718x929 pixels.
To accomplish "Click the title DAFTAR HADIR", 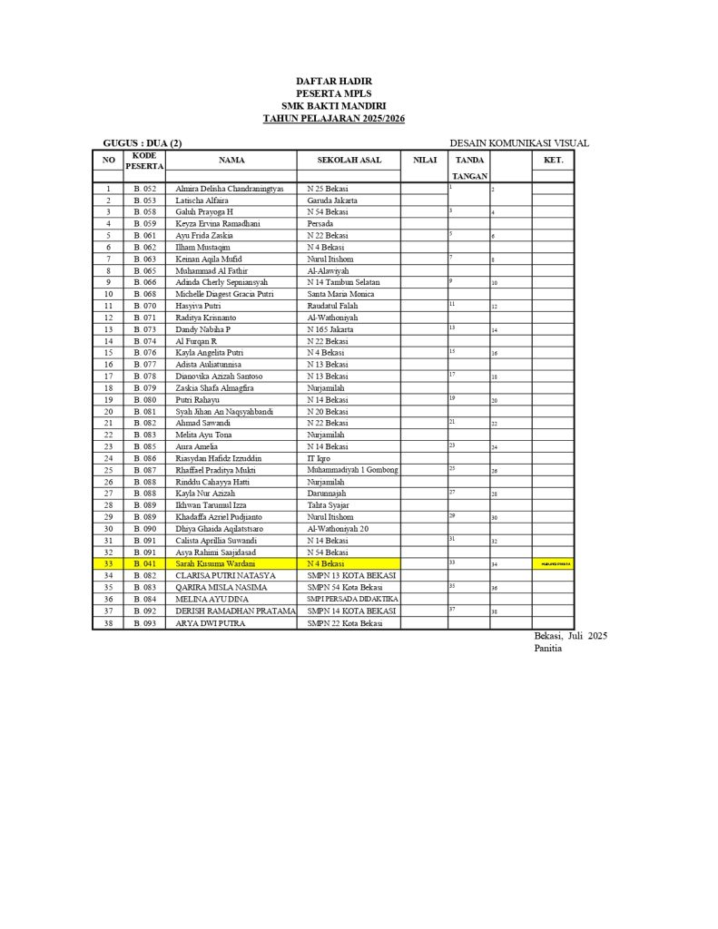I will tap(333, 82).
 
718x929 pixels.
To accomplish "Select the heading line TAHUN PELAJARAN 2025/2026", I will tap(333, 118).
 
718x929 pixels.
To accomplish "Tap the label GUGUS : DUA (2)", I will tap(143, 142).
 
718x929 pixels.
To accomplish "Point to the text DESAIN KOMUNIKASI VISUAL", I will tap(518, 142).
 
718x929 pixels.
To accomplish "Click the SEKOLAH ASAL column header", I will tap(349, 160).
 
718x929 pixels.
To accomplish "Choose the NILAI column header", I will tap(425, 160).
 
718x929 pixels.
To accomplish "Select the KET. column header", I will tap(553, 160).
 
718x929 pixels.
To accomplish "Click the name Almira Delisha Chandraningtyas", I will tap(230, 188).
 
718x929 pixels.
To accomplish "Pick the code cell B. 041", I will tap(145, 563).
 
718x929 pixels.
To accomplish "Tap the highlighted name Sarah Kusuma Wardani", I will tap(215, 563).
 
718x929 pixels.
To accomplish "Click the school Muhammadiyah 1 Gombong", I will tap(353, 470).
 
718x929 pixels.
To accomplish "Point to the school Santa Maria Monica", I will tap(340, 294).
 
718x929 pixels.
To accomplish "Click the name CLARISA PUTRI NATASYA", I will tap(225, 575).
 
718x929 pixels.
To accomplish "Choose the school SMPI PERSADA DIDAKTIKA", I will tap(353, 599).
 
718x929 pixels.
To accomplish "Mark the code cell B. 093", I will tap(145, 622).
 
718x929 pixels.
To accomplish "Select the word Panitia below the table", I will tap(549, 648).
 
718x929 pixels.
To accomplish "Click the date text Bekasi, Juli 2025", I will tap(570, 636).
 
